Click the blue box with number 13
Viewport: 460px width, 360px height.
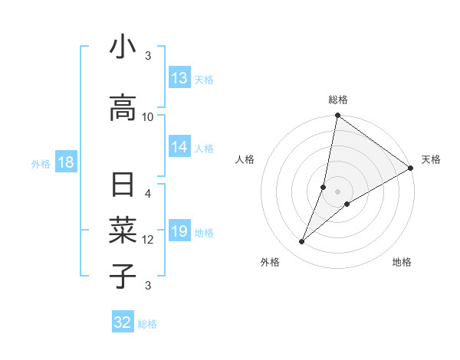179,78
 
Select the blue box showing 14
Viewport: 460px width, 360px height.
179,147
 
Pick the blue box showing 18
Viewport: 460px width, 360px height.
65,162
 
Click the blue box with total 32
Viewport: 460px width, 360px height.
123,322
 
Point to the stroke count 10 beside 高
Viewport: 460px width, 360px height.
148,116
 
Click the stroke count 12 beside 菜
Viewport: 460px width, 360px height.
148,240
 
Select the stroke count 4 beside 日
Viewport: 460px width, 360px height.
148,193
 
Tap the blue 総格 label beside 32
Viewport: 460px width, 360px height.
147,324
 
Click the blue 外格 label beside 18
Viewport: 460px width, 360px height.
40,163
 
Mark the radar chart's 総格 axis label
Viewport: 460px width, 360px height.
338,100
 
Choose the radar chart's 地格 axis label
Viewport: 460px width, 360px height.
402,262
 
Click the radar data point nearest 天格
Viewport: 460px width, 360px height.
410,169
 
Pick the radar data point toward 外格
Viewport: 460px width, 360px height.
302,242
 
